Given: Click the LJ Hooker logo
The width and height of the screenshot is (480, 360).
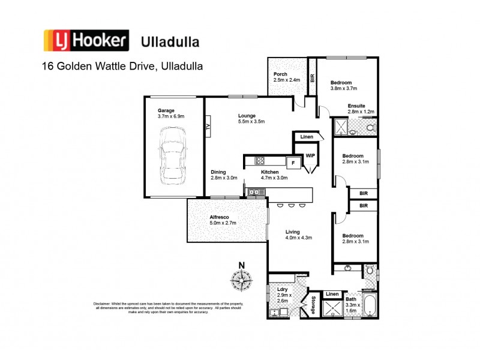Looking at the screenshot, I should coord(86,41).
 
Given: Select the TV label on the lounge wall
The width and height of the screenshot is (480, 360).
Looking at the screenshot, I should coord(208,127).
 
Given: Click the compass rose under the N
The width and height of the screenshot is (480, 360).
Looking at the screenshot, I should coord(242,280).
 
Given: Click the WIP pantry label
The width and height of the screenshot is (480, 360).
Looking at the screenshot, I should coord(310,155).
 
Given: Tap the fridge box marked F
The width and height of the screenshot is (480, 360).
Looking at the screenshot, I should coord(293,162).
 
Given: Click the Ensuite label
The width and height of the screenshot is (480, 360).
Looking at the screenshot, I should coord(358,106).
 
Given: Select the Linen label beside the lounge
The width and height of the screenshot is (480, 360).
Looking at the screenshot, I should coord(307,137).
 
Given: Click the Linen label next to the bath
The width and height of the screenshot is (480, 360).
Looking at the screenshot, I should coord(332,293).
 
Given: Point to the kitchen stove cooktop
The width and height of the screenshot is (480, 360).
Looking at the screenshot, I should coord(260,161).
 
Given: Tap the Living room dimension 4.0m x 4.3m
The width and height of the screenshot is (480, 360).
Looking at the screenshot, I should coord(299,238).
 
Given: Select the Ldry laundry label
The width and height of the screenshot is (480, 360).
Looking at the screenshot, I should coord(284,290).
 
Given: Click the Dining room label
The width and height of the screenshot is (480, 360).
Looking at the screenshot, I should coord(219,172).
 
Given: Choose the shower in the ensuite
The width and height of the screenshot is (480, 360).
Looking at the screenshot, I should coord(341,127).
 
